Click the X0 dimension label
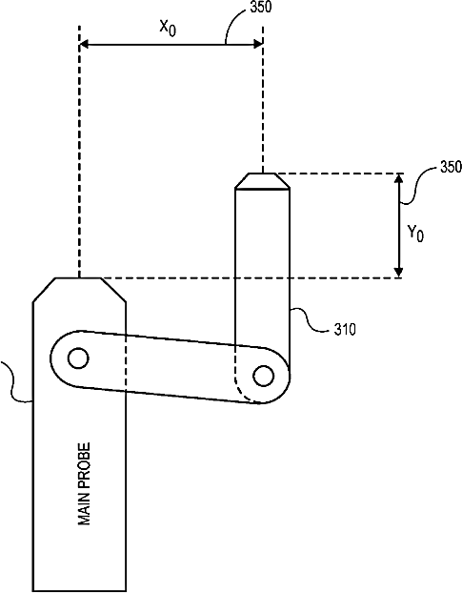point(168,28)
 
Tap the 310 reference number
point(345,330)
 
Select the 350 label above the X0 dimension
point(261,7)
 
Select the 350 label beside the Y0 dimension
point(451,167)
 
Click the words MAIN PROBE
point(84,484)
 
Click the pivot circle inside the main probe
point(78,358)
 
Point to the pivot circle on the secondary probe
point(264,376)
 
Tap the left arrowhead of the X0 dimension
point(84,45)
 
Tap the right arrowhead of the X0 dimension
point(258,44)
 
